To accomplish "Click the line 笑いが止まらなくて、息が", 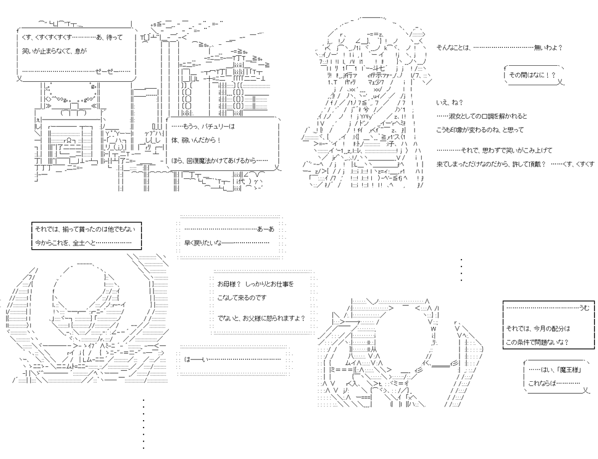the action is click(54, 51).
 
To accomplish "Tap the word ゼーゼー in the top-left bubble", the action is click(104, 71).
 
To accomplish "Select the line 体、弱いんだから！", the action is click(196, 140).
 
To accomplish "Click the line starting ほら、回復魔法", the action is click(219, 160).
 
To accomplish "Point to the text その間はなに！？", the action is click(532, 75).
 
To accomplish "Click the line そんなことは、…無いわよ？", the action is click(499, 48).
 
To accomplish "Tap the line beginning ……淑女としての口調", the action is click(481, 116).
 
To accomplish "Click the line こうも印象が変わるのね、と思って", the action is click(480, 130).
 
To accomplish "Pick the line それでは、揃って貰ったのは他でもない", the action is click(85, 229).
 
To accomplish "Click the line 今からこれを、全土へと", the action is click(83, 243).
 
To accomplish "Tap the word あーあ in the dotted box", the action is click(266, 229).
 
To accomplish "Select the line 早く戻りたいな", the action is click(226, 243).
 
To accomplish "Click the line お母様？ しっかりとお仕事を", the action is click(255, 284).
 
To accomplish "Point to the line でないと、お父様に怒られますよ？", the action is click(262, 318).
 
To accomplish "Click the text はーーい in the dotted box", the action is click(196, 359).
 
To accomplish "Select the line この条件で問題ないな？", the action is click(537, 342).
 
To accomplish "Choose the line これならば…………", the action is click(554, 383).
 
